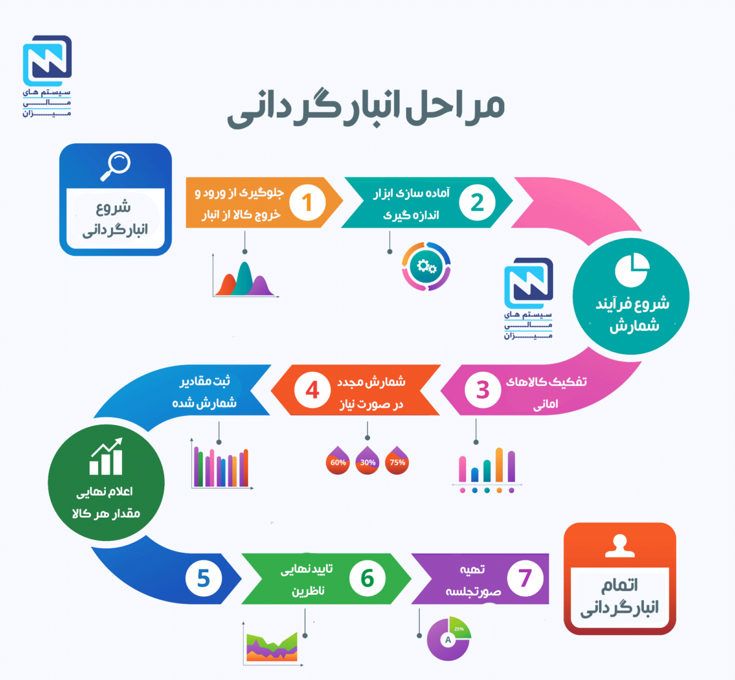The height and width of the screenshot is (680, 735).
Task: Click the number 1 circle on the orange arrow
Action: (307, 203)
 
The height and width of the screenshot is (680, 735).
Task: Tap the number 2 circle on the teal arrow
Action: (477, 203)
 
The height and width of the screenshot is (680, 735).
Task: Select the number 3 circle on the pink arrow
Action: (483, 390)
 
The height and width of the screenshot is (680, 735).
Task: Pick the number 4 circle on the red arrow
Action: (312, 390)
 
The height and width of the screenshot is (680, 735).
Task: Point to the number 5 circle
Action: (203, 578)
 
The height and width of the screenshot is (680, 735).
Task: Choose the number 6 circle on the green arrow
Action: (367, 578)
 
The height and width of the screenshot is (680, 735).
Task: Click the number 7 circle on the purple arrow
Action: (525, 578)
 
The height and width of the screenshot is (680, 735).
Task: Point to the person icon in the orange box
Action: (619, 546)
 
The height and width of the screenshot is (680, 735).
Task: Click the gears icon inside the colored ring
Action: (426, 266)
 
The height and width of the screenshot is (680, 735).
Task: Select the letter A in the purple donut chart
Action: (448, 640)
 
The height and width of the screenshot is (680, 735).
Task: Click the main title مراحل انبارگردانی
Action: (366, 107)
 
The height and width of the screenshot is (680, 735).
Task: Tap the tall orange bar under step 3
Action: (499, 465)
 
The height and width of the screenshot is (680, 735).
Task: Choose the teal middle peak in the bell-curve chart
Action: (244, 278)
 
